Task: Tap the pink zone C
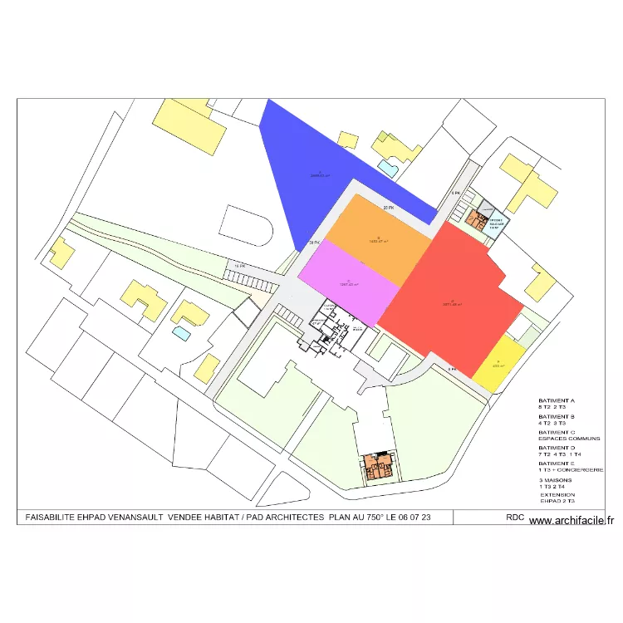[349, 282]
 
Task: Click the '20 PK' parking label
[388, 207]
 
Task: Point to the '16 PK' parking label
[239, 266]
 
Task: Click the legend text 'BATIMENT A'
[557, 400]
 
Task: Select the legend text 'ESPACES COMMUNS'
[569, 439]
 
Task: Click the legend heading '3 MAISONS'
[556, 480]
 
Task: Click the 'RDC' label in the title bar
[515, 517]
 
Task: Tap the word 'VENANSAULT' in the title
[133, 517]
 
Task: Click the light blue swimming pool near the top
[386, 166]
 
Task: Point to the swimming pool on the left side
[180, 333]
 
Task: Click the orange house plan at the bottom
[379, 467]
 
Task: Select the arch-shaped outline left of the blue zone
[247, 226]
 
